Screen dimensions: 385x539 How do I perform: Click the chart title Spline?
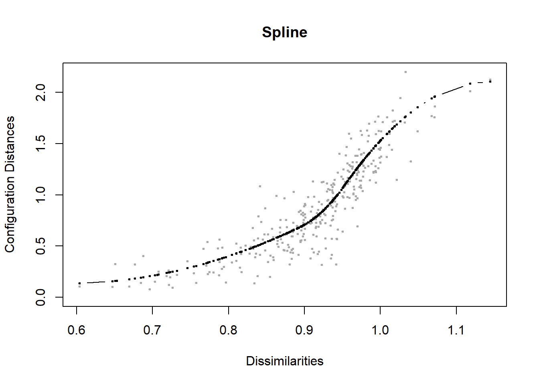point(284,32)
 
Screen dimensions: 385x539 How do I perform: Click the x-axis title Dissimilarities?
point(284,361)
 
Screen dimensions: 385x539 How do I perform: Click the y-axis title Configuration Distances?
point(10,184)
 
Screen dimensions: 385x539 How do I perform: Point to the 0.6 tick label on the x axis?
point(76,330)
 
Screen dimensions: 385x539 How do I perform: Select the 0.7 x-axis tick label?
point(152,330)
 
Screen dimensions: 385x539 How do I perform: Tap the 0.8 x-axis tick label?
point(228,330)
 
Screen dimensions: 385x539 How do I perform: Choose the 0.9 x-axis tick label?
point(304,330)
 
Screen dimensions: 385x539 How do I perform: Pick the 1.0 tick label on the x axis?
point(380,330)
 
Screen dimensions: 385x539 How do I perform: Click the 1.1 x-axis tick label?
point(456,330)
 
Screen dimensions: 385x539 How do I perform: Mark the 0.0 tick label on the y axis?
point(41,297)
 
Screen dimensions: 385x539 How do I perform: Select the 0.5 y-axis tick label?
point(41,246)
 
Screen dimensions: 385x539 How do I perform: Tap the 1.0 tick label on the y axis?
point(41,195)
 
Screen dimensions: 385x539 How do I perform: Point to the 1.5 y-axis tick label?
point(41,144)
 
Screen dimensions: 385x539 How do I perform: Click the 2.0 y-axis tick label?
point(41,92)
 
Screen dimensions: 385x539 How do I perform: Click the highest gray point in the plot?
point(405,72)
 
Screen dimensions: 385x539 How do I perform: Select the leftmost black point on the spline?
point(79,283)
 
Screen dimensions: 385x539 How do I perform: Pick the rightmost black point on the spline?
point(490,82)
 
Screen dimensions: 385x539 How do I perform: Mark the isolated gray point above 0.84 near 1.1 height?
point(260,186)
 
